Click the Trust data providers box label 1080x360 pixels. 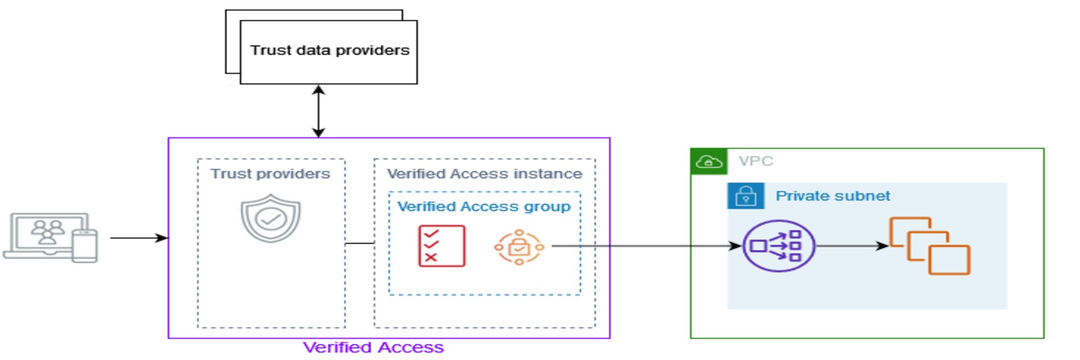click(x=329, y=51)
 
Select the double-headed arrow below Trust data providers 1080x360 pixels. click(x=319, y=111)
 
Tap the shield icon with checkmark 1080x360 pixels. click(x=271, y=218)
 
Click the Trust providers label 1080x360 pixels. click(x=270, y=174)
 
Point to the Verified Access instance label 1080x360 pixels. click(x=484, y=174)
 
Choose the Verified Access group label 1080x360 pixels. click(x=484, y=207)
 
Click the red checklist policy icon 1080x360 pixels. click(x=442, y=246)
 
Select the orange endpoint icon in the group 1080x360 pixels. click(x=519, y=247)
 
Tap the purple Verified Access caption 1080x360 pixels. click(x=373, y=347)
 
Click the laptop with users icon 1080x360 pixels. click(x=46, y=236)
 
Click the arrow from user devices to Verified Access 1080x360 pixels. click(x=138, y=238)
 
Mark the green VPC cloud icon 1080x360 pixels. click(x=709, y=162)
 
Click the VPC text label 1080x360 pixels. click(x=756, y=161)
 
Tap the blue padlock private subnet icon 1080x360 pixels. click(x=745, y=196)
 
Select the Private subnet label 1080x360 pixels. click(x=833, y=196)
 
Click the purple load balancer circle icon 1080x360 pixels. click(x=778, y=246)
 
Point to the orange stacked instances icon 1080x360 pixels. click(x=930, y=246)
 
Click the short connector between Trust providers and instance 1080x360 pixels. click(x=360, y=244)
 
